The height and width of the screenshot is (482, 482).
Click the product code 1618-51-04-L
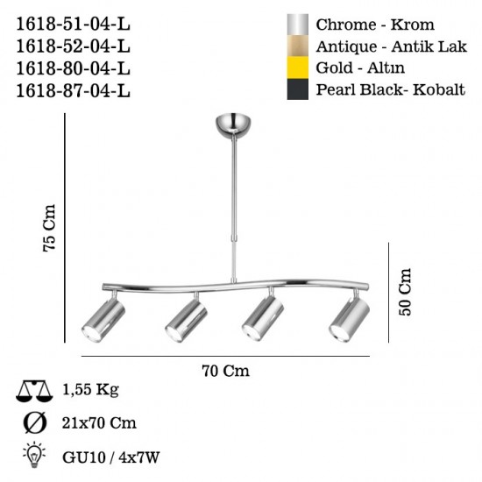(73, 24)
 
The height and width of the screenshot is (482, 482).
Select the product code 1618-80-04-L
(73, 68)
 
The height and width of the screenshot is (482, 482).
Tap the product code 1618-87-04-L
(73, 90)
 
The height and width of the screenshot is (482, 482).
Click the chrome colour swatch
(298, 25)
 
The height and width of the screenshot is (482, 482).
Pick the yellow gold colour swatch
(298, 67)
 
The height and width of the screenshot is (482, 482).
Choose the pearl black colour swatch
(298, 89)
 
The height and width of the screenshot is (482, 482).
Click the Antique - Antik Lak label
(392, 46)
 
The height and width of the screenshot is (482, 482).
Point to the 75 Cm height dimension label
(49, 228)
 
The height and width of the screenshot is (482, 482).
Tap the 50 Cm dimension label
(405, 292)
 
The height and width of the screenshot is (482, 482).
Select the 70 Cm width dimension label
(225, 371)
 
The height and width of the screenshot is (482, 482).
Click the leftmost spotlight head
(103, 319)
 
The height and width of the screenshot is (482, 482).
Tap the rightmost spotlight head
(350, 319)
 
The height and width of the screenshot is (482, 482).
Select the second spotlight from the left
(187, 320)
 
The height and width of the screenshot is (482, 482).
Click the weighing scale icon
(34, 391)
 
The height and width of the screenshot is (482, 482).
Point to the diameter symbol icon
(35, 423)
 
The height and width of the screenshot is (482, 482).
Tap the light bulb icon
(34, 455)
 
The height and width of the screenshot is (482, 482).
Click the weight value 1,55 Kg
(90, 390)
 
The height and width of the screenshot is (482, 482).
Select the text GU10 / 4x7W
(111, 457)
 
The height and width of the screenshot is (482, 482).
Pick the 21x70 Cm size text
(99, 423)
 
